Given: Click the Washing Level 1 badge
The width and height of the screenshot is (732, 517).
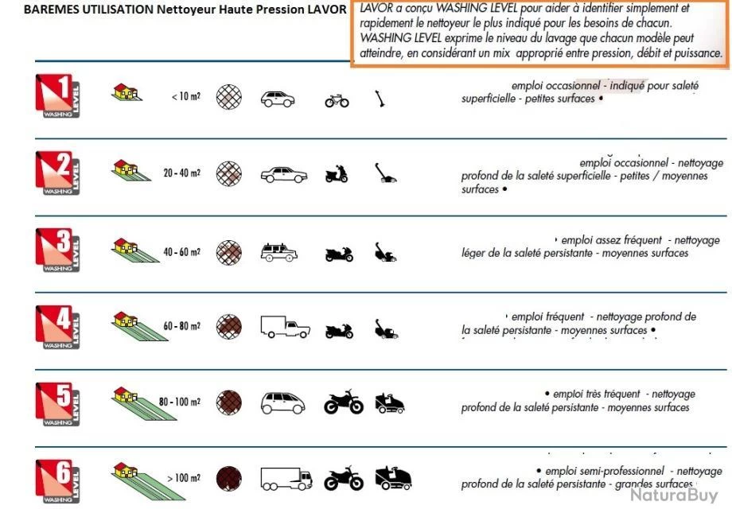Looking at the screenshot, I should point(57,96).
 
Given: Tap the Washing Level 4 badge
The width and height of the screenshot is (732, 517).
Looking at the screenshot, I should point(57,327).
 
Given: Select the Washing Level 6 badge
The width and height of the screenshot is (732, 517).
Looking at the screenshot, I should point(57,481).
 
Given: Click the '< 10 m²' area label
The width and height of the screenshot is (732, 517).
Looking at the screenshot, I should point(185,97).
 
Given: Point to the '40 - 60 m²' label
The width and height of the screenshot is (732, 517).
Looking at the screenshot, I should point(182,252).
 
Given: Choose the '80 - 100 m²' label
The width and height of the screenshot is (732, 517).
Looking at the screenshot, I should point(179,402).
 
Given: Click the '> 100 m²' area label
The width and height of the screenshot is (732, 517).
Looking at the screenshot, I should point(184,478).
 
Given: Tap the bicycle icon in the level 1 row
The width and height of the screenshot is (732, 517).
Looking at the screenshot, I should point(337,100).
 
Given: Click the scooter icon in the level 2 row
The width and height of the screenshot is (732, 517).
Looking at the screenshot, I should point(337,174).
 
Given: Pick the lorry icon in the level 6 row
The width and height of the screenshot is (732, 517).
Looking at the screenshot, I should point(286,479).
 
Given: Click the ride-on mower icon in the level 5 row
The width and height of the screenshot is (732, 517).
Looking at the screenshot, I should point(390,402).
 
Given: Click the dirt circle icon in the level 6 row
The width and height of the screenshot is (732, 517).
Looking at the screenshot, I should point(229,479).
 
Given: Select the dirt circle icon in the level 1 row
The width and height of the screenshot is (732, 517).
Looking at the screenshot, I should point(229,98).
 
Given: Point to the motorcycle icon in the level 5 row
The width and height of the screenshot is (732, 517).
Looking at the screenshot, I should point(344,402).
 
